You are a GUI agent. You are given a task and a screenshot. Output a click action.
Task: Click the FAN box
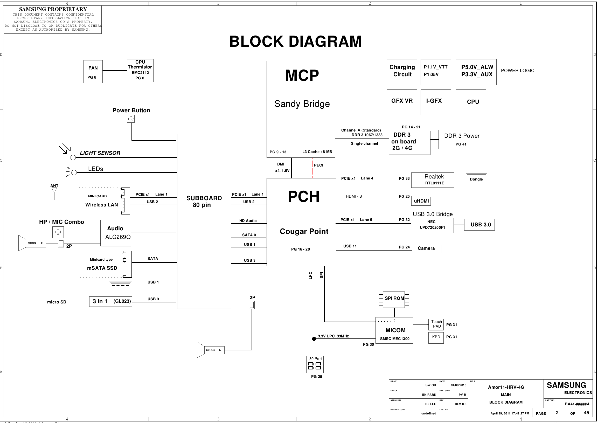tap(93, 72)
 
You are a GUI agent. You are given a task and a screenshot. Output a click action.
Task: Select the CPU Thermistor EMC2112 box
tap(140, 71)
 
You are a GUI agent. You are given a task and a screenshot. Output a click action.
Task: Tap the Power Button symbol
tap(131, 119)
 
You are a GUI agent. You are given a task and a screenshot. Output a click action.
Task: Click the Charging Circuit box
tap(402, 72)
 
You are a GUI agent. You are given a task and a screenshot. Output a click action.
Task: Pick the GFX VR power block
tap(402, 102)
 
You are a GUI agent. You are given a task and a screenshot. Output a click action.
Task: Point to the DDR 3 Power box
tap(462, 140)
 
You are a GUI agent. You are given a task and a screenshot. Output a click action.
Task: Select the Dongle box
tap(476, 179)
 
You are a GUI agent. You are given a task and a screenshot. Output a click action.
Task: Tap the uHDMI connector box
tap(421, 201)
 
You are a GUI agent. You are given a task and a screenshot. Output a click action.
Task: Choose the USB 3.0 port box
tap(479, 225)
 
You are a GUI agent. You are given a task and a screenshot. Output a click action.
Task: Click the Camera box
tap(427, 249)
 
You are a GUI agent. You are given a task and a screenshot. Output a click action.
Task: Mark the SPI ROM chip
tap(394, 299)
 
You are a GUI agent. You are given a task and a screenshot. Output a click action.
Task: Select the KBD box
tap(436, 338)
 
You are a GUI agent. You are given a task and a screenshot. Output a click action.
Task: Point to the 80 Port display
tap(315, 364)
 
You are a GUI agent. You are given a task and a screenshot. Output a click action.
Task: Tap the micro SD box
tap(57, 302)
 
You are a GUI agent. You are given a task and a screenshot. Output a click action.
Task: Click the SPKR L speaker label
tap(214, 350)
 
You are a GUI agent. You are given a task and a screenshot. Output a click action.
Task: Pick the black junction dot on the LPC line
tap(314, 339)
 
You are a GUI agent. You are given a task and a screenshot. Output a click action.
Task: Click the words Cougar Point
tap(304, 231)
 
